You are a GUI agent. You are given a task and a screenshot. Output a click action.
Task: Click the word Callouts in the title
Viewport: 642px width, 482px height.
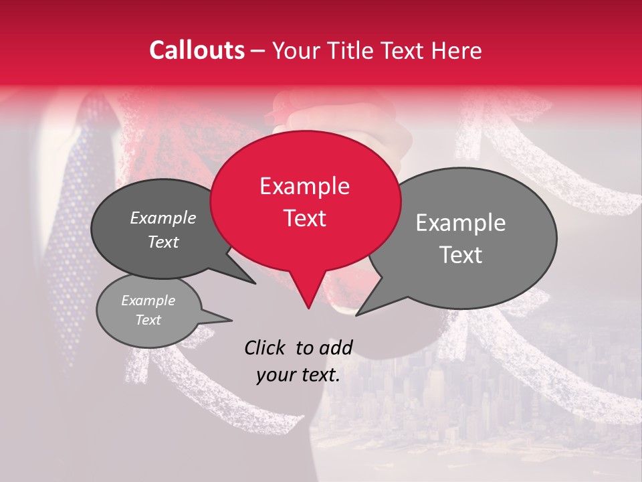tap(197, 50)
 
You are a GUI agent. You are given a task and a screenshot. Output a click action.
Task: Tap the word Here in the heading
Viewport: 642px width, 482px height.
tap(457, 50)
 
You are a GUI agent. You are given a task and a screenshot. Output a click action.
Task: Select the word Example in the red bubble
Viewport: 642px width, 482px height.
tap(304, 186)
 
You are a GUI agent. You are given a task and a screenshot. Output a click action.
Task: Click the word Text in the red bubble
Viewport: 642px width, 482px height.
tap(304, 218)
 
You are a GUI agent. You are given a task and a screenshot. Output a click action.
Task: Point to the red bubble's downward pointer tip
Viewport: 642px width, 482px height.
tap(308, 308)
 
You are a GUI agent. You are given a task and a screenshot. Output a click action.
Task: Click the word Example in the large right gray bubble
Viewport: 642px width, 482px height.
tap(461, 223)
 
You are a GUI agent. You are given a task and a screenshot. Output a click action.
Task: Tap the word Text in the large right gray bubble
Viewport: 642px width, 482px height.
tap(461, 255)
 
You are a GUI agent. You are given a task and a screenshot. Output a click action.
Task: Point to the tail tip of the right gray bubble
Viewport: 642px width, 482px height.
tap(356, 315)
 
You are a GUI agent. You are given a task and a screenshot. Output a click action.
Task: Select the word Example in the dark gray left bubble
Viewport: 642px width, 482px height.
tap(163, 218)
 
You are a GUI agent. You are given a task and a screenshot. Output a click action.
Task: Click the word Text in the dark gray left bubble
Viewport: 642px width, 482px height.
tap(163, 242)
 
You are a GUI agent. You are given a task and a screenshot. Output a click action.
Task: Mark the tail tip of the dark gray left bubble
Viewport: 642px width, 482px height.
tap(255, 284)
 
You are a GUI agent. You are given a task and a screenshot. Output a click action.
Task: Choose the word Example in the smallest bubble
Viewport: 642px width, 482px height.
tap(148, 301)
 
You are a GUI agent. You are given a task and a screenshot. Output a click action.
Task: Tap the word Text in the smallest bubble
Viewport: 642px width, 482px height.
tap(148, 320)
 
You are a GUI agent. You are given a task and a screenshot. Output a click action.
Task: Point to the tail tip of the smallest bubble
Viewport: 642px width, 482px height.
tap(232, 321)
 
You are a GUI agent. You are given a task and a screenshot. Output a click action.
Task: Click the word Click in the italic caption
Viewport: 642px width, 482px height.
tap(265, 347)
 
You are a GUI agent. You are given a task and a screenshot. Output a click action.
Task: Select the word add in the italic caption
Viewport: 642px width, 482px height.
tap(335, 347)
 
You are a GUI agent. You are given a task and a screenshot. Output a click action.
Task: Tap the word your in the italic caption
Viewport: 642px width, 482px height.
tap(276, 375)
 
